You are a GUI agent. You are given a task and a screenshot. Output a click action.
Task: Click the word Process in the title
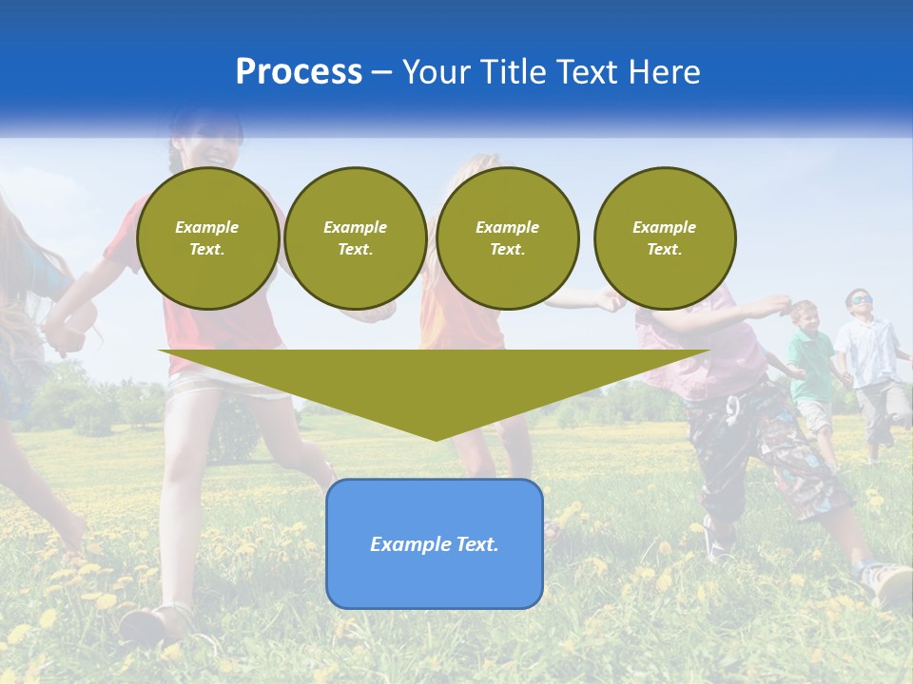[x=299, y=72]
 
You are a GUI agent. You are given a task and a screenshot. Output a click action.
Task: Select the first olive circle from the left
[x=207, y=238]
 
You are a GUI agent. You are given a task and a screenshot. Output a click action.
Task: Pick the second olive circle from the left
[x=355, y=238]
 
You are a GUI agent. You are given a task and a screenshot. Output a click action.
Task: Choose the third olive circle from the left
[x=507, y=238]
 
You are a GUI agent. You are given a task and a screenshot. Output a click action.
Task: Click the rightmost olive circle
[x=664, y=238]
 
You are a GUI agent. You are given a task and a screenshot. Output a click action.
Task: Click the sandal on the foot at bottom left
[x=152, y=623]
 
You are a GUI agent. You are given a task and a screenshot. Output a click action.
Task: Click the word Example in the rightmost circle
[x=664, y=227]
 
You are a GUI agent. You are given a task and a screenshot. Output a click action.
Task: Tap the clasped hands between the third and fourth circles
[x=610, y=302]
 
